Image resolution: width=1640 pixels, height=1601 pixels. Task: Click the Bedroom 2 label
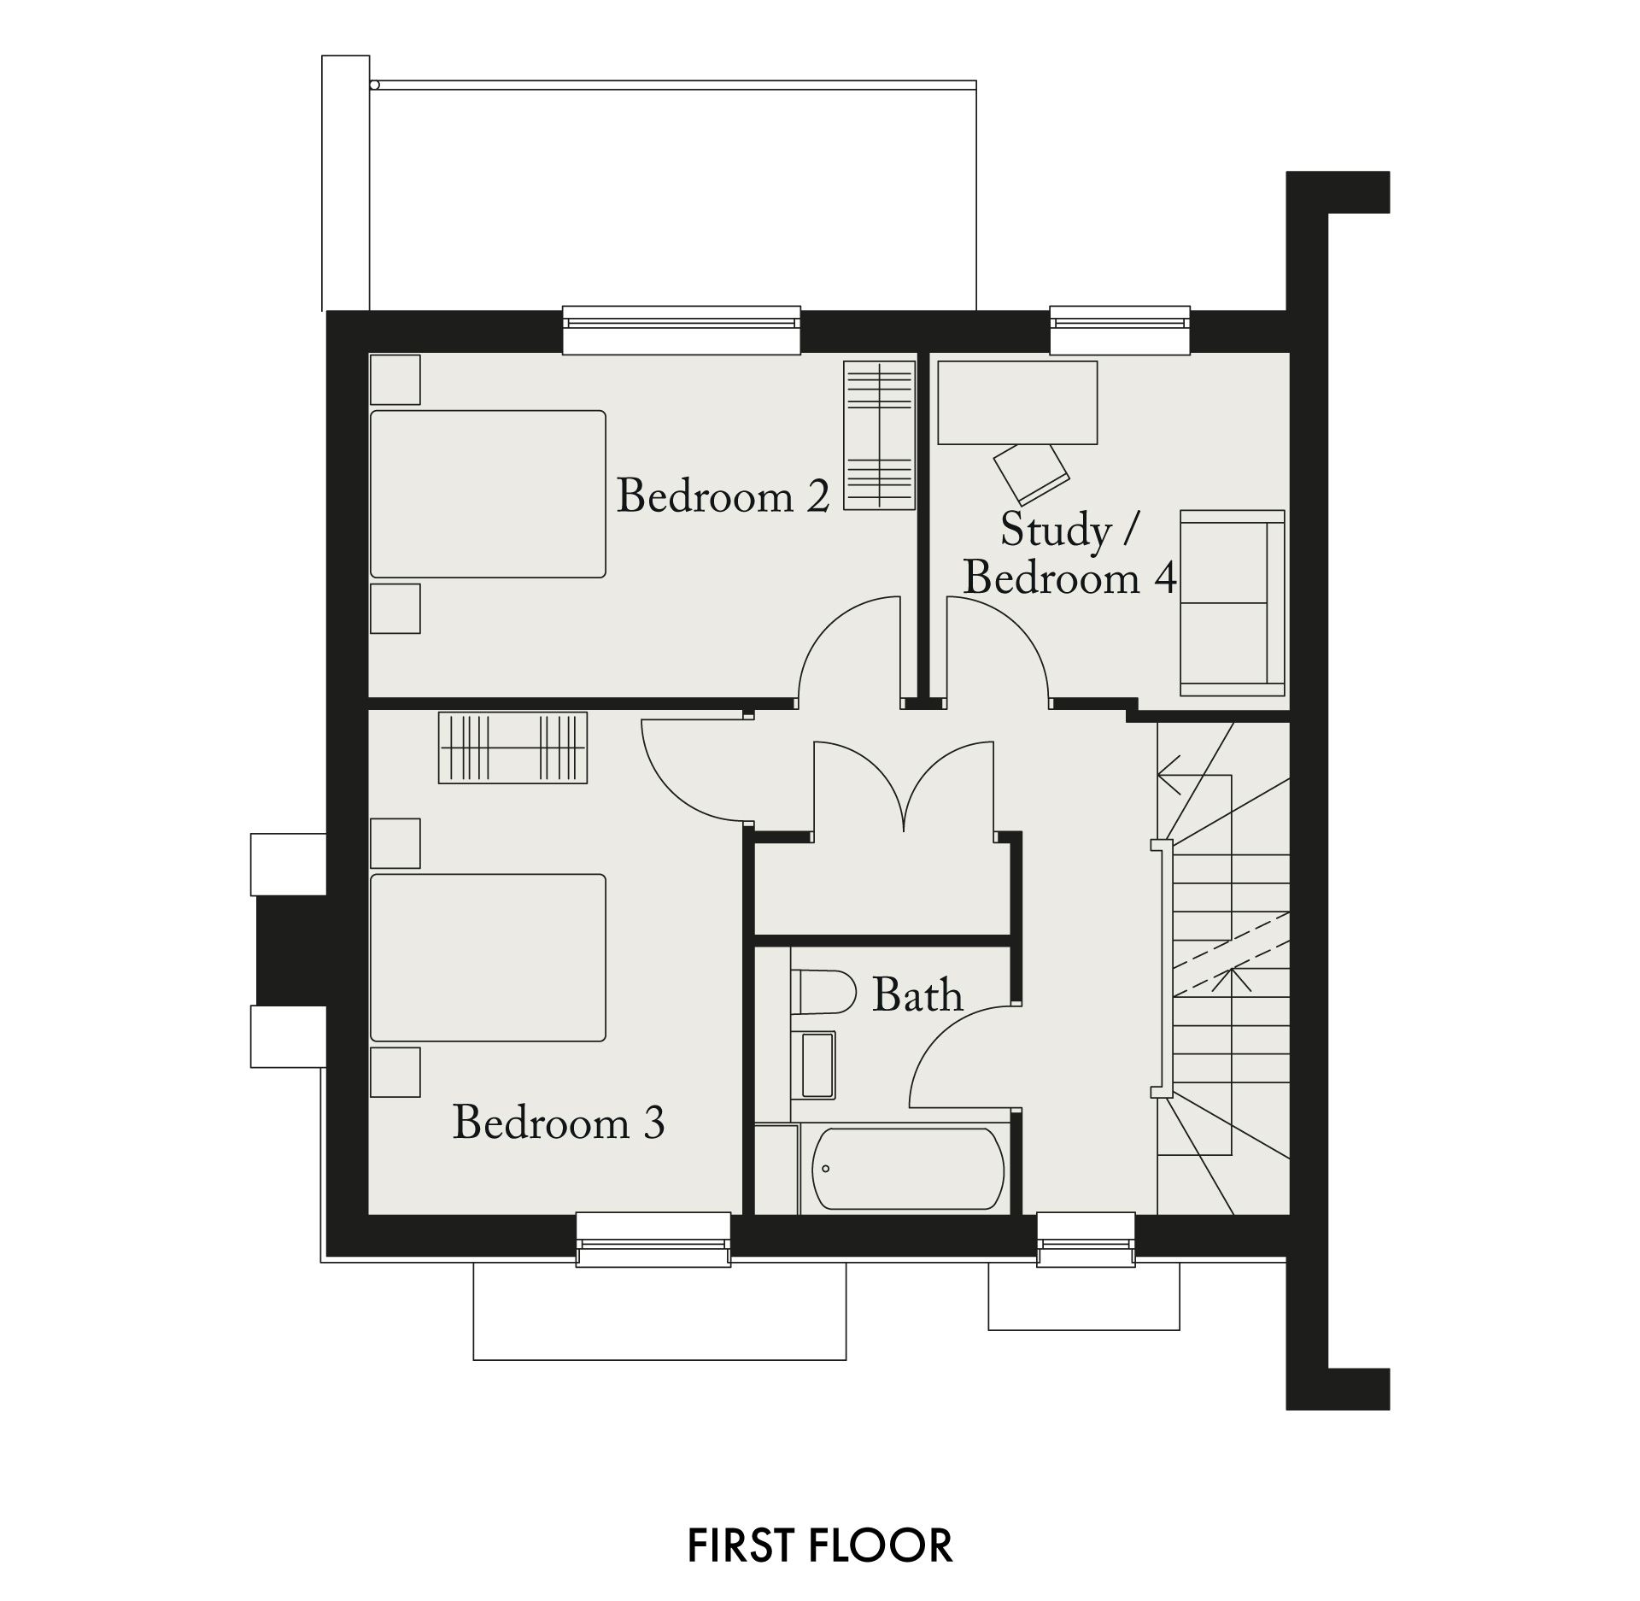[x=723, y=496]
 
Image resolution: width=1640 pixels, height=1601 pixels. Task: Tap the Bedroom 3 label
[x=559, y=1122]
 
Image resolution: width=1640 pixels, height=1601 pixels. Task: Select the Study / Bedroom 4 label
[x=1069, y=554]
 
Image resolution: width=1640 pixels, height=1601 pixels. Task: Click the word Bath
[x=917, y=995]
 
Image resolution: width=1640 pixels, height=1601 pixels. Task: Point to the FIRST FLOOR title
[x=820, y=1545]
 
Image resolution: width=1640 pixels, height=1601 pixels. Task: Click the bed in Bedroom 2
[x=488, y=494]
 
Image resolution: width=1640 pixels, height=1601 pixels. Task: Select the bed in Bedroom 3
[x=488, y=958]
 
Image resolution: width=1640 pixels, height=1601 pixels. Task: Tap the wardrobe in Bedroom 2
[x=880, y=436]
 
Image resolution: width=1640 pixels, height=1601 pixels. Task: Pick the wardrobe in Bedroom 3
[x=512, y=748]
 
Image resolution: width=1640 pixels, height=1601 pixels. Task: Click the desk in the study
[x=1017, y=402]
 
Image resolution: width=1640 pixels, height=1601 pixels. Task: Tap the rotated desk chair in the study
[x=1031, y=473]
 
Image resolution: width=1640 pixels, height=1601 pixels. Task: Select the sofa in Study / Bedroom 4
[x=1233, y=603]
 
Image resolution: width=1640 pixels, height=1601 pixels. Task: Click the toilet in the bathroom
[x=823, y=992]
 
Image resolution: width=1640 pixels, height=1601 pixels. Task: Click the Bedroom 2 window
[x=682, y=330]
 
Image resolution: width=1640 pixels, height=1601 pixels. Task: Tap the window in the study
[x=1120, y=330]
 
